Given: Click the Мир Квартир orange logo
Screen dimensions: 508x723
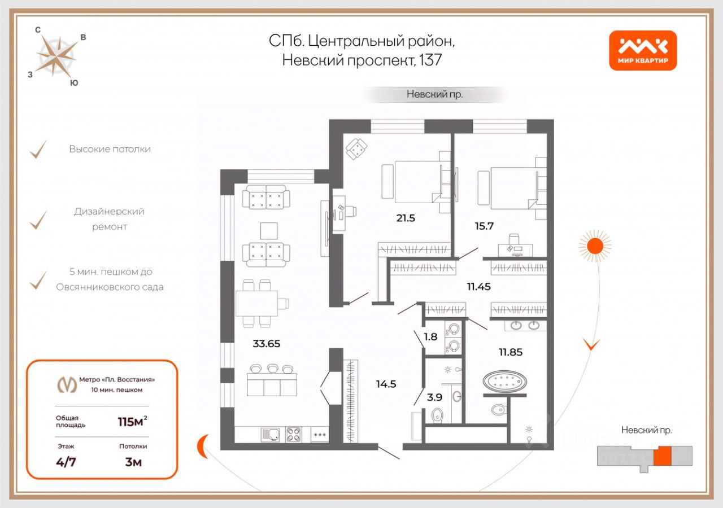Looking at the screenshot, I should click(643, 50).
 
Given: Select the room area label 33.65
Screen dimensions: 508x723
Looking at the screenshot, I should click(266, 343).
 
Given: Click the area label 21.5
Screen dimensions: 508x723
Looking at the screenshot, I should click(406, 218).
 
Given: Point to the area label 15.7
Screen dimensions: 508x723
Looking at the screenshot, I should click(485, 226).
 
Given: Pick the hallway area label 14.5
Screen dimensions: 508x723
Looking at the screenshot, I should click(386, 384).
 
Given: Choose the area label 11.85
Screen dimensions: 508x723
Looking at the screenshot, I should click(511, 352).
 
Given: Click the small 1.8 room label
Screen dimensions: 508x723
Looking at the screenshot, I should click(430, 337).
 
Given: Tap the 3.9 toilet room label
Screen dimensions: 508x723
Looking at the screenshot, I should click(434, 397).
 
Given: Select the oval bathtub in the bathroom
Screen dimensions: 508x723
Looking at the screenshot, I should click(505, 382).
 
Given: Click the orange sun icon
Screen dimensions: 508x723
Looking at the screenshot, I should click(594, 246).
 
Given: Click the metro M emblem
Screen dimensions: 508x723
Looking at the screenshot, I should click(68, 384).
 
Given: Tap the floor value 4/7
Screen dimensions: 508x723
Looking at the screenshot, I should click(66, 462).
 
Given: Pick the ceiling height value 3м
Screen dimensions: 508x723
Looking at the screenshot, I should click(133, 462).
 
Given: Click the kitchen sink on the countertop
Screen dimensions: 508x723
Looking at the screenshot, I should click(271, 434).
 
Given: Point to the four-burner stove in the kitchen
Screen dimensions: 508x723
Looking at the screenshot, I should click(293, 434).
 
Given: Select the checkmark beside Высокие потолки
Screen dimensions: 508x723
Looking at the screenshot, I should click(38, 150).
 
